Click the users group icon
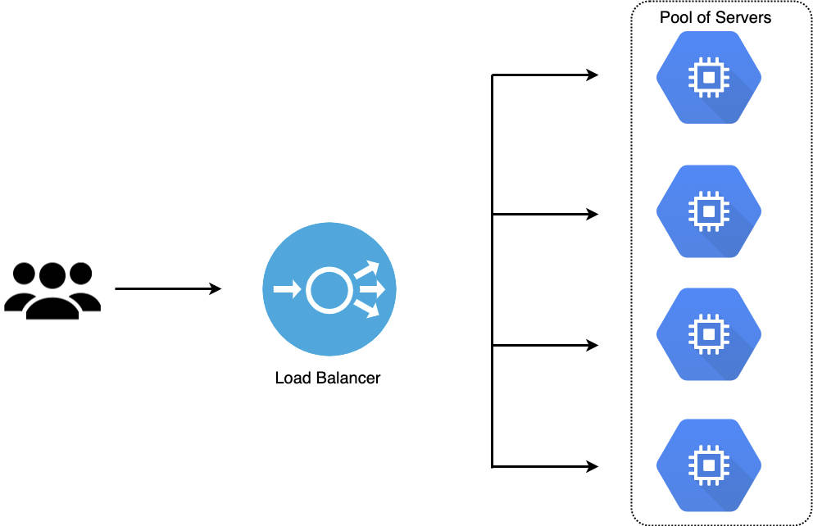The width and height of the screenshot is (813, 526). coord(52,290)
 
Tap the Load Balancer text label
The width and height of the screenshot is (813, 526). coord(328,379)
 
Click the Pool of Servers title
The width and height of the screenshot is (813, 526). coord(715,17)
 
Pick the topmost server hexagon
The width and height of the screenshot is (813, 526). coord(708,78)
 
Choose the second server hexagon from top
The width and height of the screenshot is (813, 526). coord(708,211)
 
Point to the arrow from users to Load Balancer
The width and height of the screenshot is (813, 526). coord(168,289)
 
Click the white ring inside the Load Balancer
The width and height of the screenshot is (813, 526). coord(329,290)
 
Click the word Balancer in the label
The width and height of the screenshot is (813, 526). coord(348,379)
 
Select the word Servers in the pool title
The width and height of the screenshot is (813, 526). coord(745,17)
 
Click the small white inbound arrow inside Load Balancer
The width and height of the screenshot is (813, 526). coord(284,289)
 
